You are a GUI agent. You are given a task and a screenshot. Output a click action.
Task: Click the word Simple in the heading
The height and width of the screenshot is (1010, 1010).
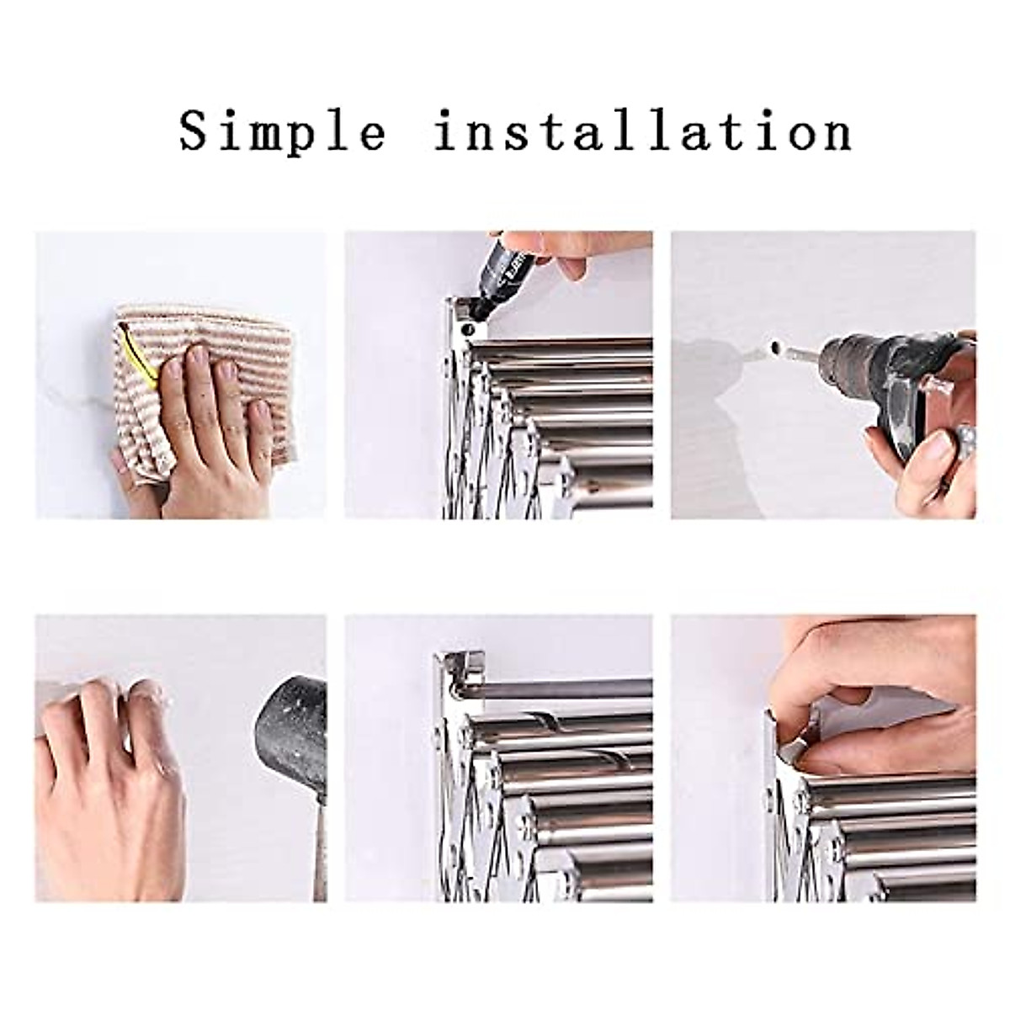pyautogui.click(x=282, y=133)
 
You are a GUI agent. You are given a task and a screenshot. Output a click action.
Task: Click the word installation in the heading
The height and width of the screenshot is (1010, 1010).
pyautogui.click(x=643, y=133)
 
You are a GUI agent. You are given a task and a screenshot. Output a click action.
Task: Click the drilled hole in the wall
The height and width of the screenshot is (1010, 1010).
pyautogui.click(x=774, y=348)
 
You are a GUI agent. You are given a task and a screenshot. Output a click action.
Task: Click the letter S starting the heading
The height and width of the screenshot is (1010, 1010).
pyautogui.click(x=195, y=131)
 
